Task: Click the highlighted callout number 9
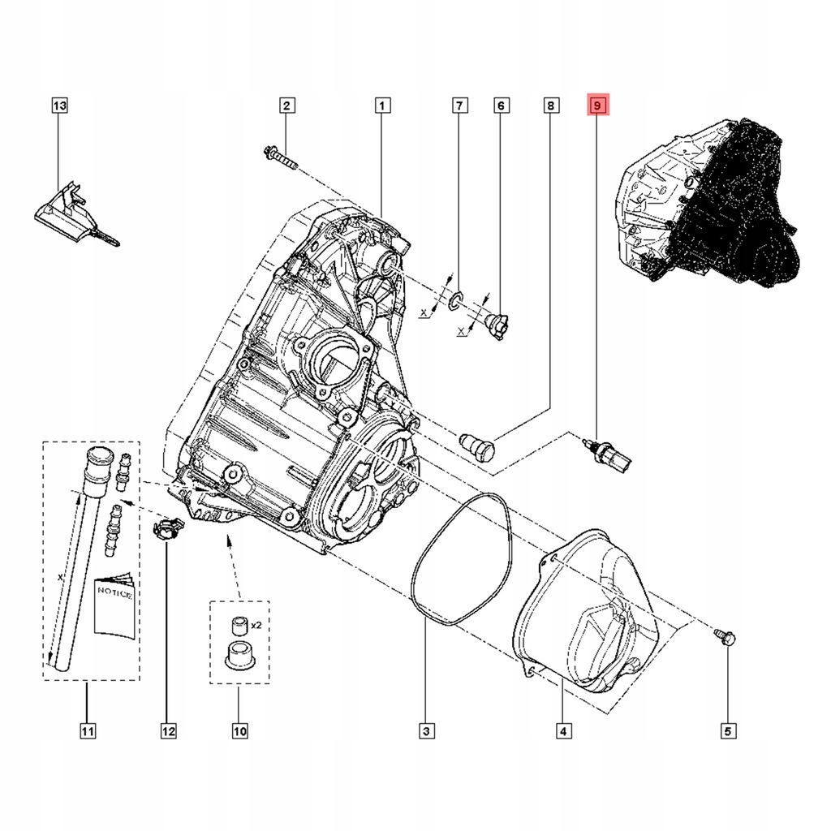tap(597, 105)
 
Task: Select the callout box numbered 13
tap(59, 105)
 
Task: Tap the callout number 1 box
tap(382, 105)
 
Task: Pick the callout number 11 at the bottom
tap(88, 731)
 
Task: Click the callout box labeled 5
tap(726, 731)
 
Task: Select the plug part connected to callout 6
tap(494, 323)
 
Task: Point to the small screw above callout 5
tap(726, 639)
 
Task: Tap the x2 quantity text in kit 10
tap(256, 625)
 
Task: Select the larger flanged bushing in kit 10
tap(237, 653)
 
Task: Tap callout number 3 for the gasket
tap(425, 731)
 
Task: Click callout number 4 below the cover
tap(562, 731)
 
